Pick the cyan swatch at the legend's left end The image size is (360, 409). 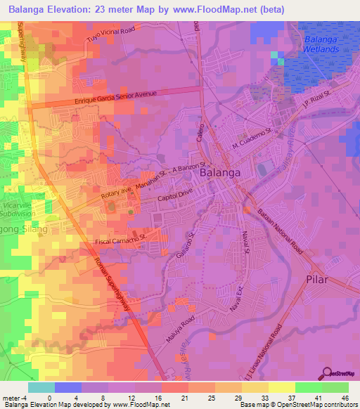coord(41,387)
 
